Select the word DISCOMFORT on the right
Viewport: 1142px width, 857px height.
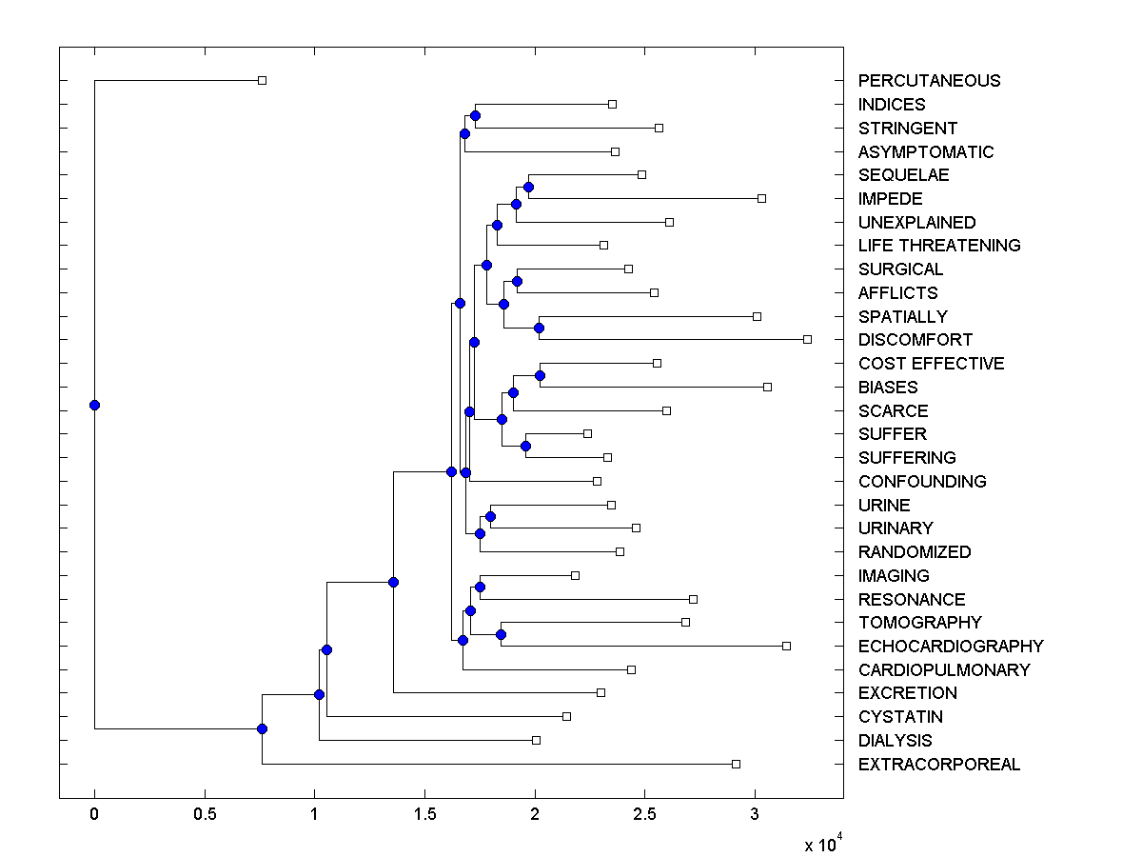(x=915, y=340)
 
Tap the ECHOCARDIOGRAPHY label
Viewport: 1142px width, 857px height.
(x=951, y=647)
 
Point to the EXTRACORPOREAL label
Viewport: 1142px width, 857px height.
(x=938, y=765)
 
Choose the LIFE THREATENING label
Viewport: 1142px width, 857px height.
(x=938, y=246)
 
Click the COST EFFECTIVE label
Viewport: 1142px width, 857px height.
(x=931, y=364)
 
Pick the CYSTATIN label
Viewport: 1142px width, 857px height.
(x=900, y=717)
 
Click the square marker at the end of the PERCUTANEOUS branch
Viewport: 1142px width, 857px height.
(x=263, y=81)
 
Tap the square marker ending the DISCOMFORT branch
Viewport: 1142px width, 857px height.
(x=807, y=339)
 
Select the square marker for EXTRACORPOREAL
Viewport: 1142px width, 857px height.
(x=736, y=764)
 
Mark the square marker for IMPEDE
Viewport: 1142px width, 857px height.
(x=761, y=198)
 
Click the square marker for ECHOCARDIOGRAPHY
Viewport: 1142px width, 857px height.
(x=786, y=646)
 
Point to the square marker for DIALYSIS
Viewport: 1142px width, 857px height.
(x=536, y=740)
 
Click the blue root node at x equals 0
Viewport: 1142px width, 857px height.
(x=94, y=405)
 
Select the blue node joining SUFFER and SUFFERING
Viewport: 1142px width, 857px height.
(x=525, y=446)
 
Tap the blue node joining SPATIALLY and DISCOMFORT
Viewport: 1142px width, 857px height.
(x=539, y=328)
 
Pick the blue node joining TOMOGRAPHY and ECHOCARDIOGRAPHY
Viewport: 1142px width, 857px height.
(x=501, y=634)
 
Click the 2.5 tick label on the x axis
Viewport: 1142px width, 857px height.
(x=644, y=815)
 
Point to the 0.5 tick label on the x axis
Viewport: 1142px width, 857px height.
(x=204, y=815)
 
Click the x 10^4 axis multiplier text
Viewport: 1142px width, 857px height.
(x=823, y=843)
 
